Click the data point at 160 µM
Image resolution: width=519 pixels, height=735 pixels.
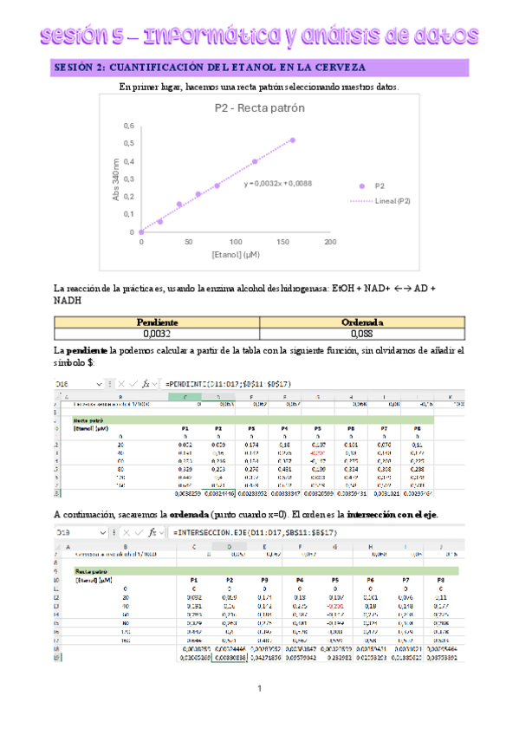293,140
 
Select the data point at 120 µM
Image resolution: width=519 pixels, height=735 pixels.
255,161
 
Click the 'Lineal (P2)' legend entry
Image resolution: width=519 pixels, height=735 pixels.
392,200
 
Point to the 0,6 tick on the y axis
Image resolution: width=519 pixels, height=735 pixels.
129,127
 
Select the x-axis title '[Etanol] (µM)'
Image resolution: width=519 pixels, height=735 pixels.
235,255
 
